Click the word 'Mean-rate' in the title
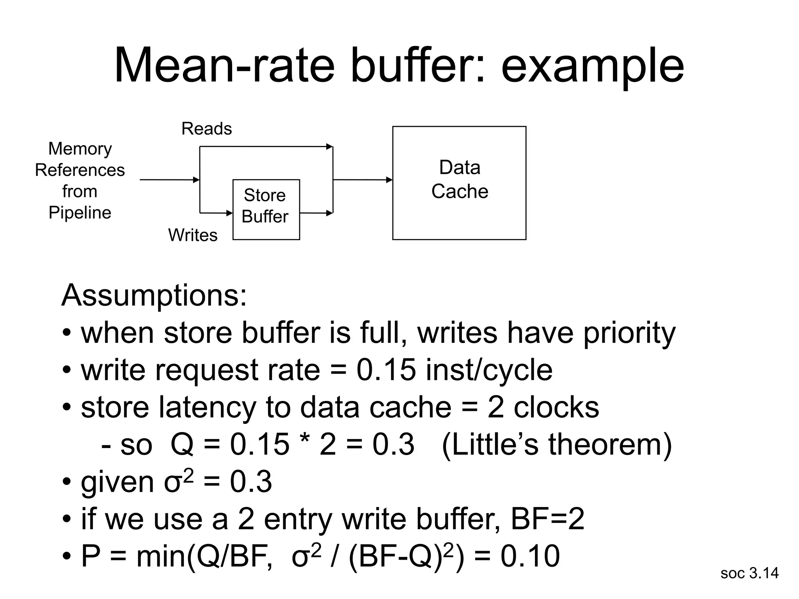tap(224, 66)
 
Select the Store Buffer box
tap(266, 209)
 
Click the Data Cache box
tap(459, 183)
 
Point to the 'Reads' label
tap(206, 129)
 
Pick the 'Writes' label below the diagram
tap(193, 235)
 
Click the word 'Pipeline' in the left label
tap(80, 213)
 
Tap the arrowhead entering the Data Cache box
tap(389, 180)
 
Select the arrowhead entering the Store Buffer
tap(230, 213)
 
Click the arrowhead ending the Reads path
tap(330, 147)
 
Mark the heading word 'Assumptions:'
tap(154, 296)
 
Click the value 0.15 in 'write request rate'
tap(386, 370)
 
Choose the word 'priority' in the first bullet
tap(629, 333)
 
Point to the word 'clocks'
tap(556, 407)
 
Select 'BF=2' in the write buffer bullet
tap(547, 519)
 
